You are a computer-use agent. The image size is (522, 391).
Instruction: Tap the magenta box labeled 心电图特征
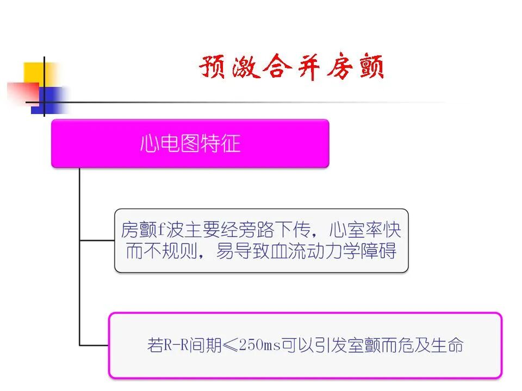click(190, 143)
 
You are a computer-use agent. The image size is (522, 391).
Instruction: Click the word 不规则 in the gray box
click(169, 251)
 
